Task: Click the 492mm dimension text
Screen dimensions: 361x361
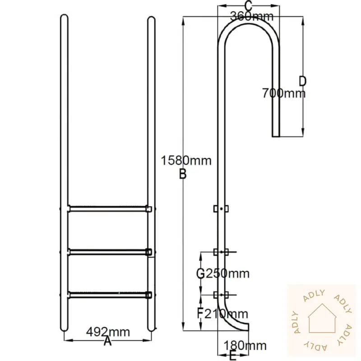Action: tap(108, 333)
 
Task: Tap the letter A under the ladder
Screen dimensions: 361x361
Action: tap(107, 342)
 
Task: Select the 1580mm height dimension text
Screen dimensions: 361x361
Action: tap(185, 161)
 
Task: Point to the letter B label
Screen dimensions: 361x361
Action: tap(183, 174)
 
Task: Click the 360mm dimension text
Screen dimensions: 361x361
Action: tap(251, 17)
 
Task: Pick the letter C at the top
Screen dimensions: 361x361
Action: tap(248, 6)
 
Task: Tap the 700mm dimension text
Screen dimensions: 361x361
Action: tap(283, 93)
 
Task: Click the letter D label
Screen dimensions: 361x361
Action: tap(302, 81)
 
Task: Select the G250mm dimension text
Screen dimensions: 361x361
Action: tap(222, 273)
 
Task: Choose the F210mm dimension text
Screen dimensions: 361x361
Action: tap(222, 313)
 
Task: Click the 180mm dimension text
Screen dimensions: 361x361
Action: tap(245, 346)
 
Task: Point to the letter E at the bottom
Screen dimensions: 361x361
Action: tap(232, 356)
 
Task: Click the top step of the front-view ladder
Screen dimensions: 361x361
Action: tap(108, 208)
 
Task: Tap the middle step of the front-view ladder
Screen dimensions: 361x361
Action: tap(108, 251)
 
